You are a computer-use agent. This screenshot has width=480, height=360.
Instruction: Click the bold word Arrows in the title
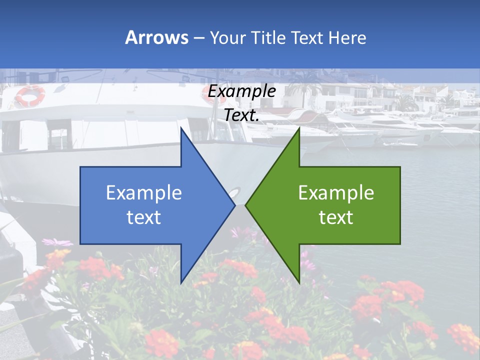click(156, 37)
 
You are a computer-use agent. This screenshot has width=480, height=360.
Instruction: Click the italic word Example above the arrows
click(242, 91)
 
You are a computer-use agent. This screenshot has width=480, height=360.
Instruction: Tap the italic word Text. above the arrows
click(242, 115)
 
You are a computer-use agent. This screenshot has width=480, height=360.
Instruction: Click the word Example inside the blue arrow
click(144, 192)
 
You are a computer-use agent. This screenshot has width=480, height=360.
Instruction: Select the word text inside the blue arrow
click(144, 217)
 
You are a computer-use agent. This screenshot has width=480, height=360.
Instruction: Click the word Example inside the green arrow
click(336, 192)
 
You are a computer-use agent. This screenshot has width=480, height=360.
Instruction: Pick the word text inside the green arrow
click(336, 217)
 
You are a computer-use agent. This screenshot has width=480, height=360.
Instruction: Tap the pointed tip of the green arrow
click(246, 205)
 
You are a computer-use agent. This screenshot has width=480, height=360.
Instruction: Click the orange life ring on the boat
click(30, 95)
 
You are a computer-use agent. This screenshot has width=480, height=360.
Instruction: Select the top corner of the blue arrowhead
click(181, 128)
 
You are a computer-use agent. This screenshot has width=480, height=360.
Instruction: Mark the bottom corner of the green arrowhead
click(299, 282)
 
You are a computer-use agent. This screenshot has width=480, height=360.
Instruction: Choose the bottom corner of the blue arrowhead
click(181, 282)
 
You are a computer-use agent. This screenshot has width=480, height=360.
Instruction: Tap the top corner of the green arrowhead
click(299, 128)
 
